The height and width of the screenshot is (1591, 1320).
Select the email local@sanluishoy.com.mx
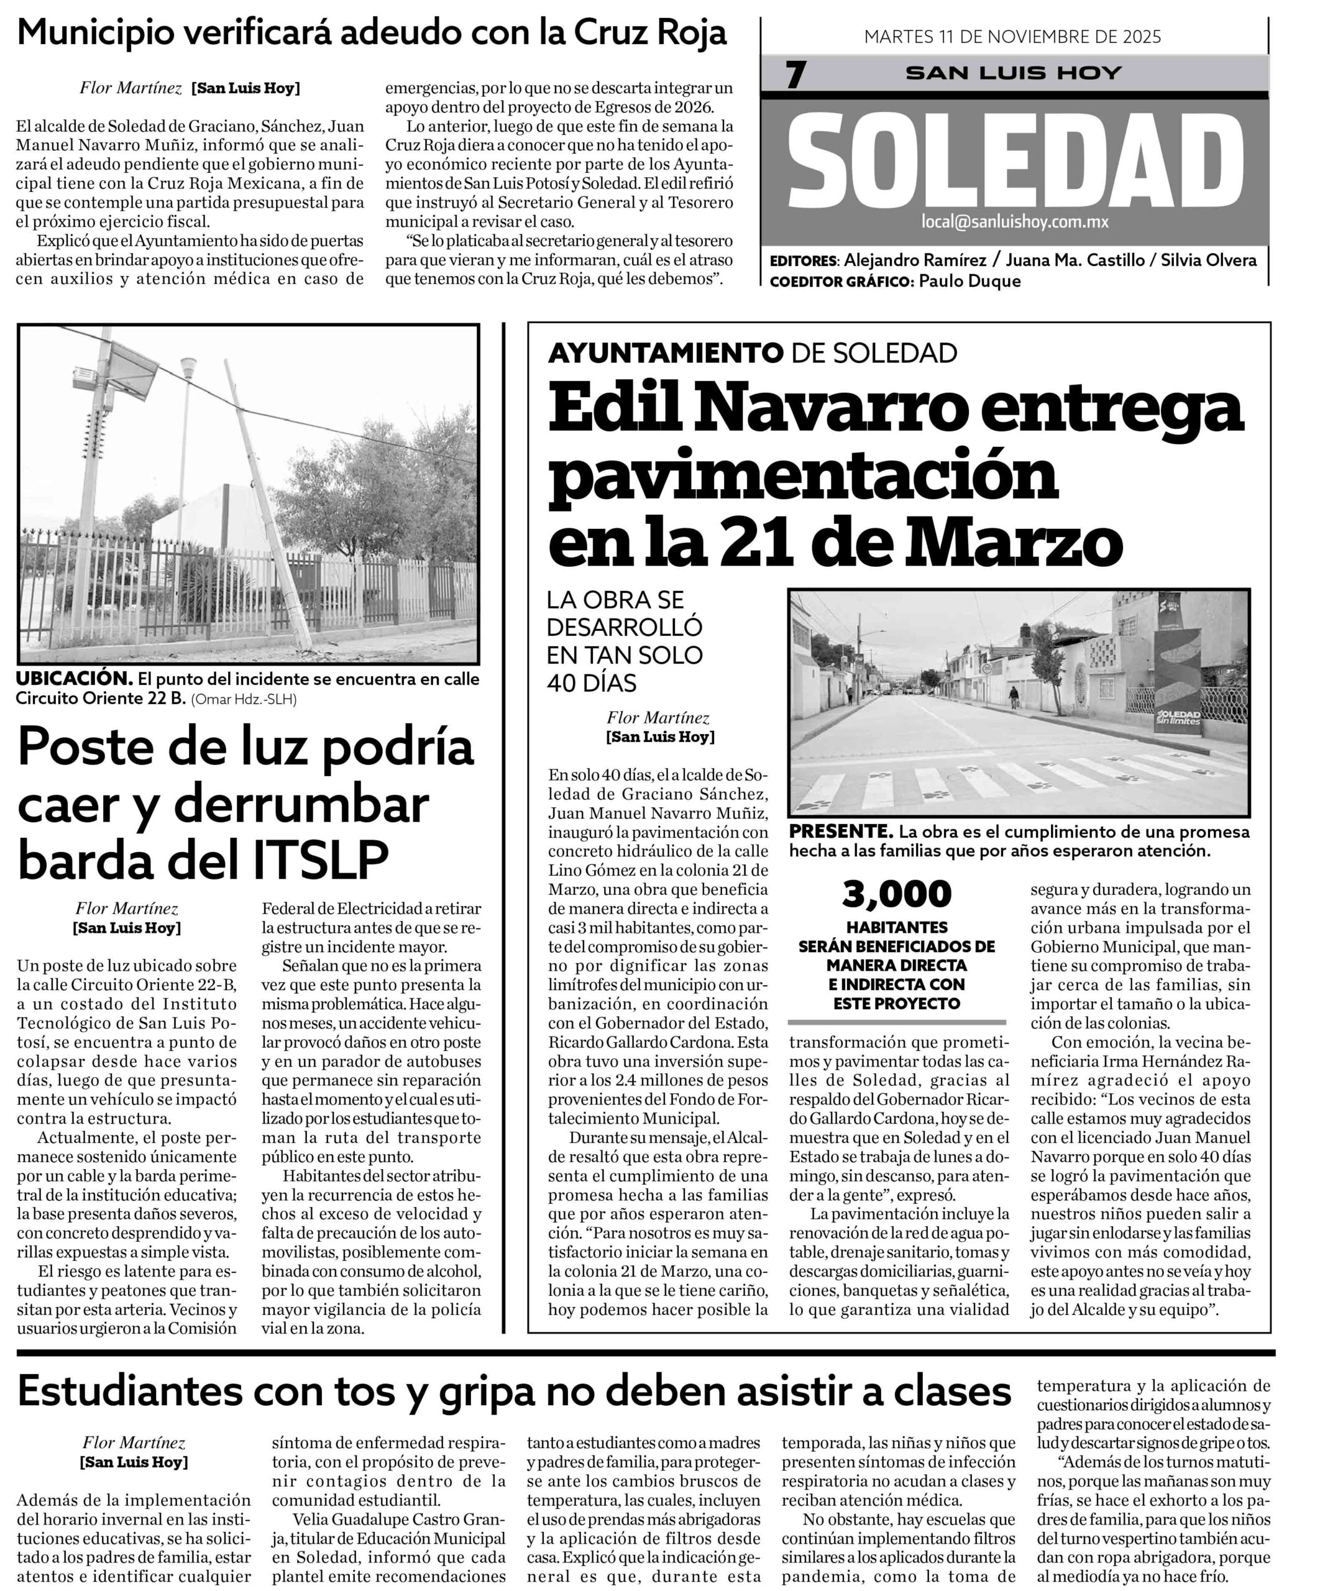tap(1015, 221)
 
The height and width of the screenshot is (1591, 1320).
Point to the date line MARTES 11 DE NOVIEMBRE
tap(1012, 37)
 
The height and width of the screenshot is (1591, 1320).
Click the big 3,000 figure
tap(896, 894)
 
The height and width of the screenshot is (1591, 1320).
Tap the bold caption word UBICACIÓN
tap(74, 679)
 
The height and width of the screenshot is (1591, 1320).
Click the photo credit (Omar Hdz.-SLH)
tap(244, 699)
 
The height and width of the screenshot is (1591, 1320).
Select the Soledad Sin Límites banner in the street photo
tap(1177, 678)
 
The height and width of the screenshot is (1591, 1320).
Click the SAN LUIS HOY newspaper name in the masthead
tap(1013, 73)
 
